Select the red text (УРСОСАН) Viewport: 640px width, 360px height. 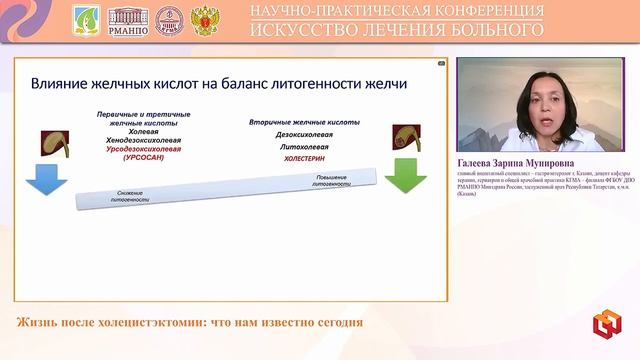tap(150, 158)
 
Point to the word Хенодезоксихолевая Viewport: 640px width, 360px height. tap(150, 140)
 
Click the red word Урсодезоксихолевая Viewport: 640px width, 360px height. tap(150, 149)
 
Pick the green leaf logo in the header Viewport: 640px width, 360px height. tap(87, 19)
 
